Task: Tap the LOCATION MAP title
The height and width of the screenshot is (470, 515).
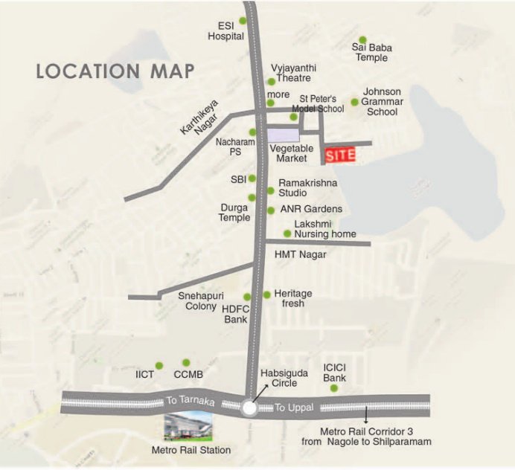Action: pos(115,71)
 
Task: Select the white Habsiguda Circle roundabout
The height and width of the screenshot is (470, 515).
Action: pos(249,408)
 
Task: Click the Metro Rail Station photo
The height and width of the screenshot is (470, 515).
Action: pos(188,427)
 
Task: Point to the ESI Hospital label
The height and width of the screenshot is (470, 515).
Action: pos(225,30)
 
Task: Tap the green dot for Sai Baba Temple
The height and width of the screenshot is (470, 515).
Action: pos(362,40)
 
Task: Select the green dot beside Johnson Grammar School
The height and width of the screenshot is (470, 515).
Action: pos(355,102)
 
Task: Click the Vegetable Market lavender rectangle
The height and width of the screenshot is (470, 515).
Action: pos(283,135)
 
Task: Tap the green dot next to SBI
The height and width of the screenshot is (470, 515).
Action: pos(252,178)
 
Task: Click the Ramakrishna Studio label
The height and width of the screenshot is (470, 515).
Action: pos(302,187)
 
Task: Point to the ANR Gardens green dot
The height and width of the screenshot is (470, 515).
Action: pos(271,210)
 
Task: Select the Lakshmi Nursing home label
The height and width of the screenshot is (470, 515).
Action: pos(324,229)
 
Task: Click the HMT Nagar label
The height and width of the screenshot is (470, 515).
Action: pos(301,254)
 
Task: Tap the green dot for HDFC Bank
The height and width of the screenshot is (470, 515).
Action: pos(247,297)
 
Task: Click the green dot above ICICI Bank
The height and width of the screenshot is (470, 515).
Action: pos(334,388)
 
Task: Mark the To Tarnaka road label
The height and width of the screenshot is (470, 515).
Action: pos(182,400)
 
